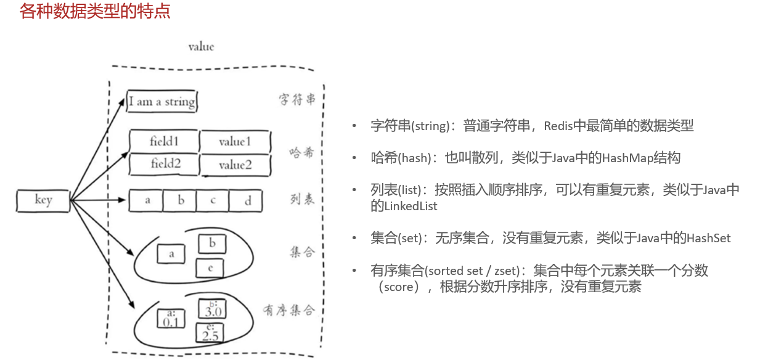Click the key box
coord(43,200)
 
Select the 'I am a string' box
coord(162,102)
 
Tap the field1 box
coord(164,141)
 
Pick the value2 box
coord(235,165)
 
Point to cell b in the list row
coord(181,200)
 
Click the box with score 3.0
coord(212,308)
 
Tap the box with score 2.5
coord(210,332)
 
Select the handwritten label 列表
coord(302,199)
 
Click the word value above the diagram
coord(201,47)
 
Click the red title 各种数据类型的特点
coord(95,12)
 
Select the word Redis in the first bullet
coord(559,126)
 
